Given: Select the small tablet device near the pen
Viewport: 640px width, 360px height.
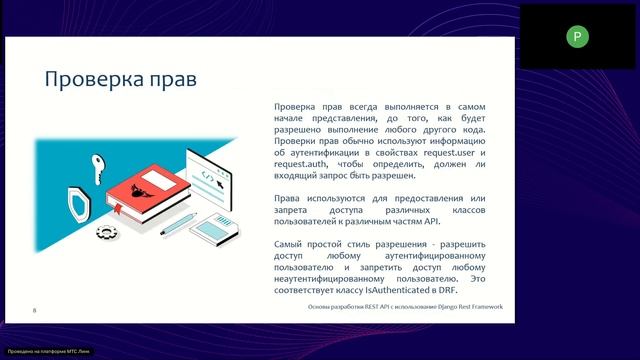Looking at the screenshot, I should tap(216, 230).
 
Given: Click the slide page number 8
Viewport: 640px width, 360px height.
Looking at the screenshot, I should tap(35, 311).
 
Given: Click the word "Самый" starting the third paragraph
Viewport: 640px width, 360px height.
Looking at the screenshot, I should tap(290, 244).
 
